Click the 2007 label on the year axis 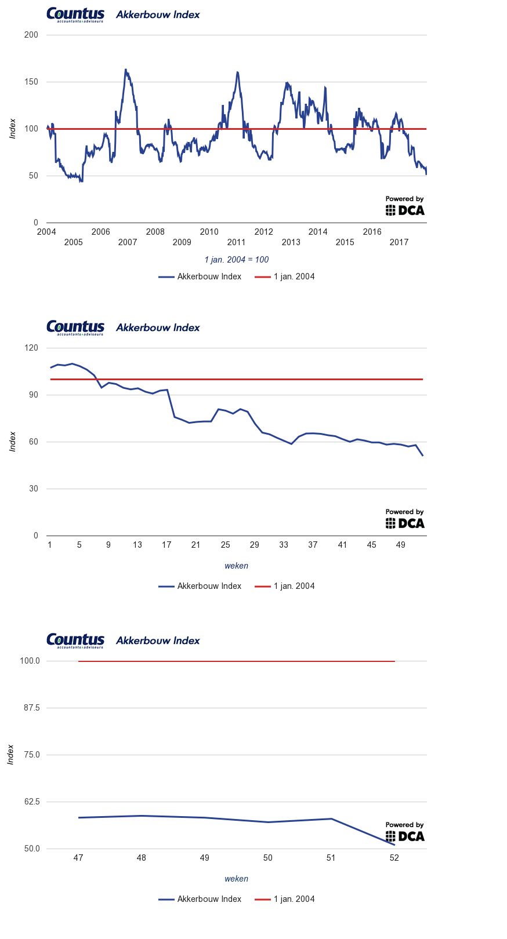point(128,242)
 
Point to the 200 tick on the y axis point(31,35)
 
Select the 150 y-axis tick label point(31,82)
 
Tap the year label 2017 point(399,242)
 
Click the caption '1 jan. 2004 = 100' point(236,260)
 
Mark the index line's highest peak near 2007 point(125,70)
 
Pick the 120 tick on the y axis point(31,348)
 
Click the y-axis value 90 point(34,395)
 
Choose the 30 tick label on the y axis point(34,489)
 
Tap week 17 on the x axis point(166,545)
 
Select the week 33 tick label point(284,545)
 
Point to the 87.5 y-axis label point(30,708)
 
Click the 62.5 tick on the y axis point(30,802)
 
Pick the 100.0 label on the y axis point(30,661)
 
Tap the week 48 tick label point(142,858)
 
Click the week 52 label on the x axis point(394,858)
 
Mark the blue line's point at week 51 point(331,819)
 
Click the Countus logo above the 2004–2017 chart point(75,14)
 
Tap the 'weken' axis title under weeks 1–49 point(236,566)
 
